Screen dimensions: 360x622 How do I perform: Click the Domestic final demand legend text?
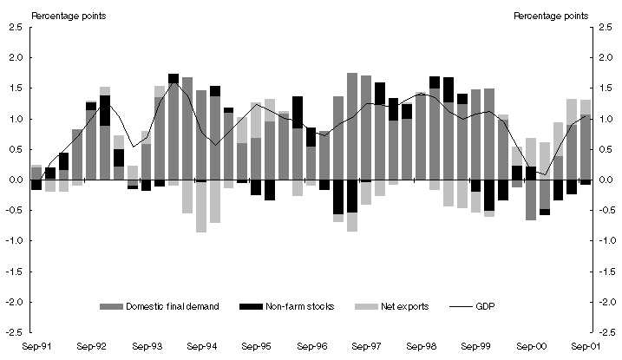coord(166,305)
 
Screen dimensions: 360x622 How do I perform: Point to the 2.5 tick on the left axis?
coord(16,28)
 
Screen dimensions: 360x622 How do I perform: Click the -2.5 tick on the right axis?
coord(603,332)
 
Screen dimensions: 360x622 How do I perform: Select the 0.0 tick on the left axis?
coord(16,180)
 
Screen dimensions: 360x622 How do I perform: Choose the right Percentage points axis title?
coord(550,14)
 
